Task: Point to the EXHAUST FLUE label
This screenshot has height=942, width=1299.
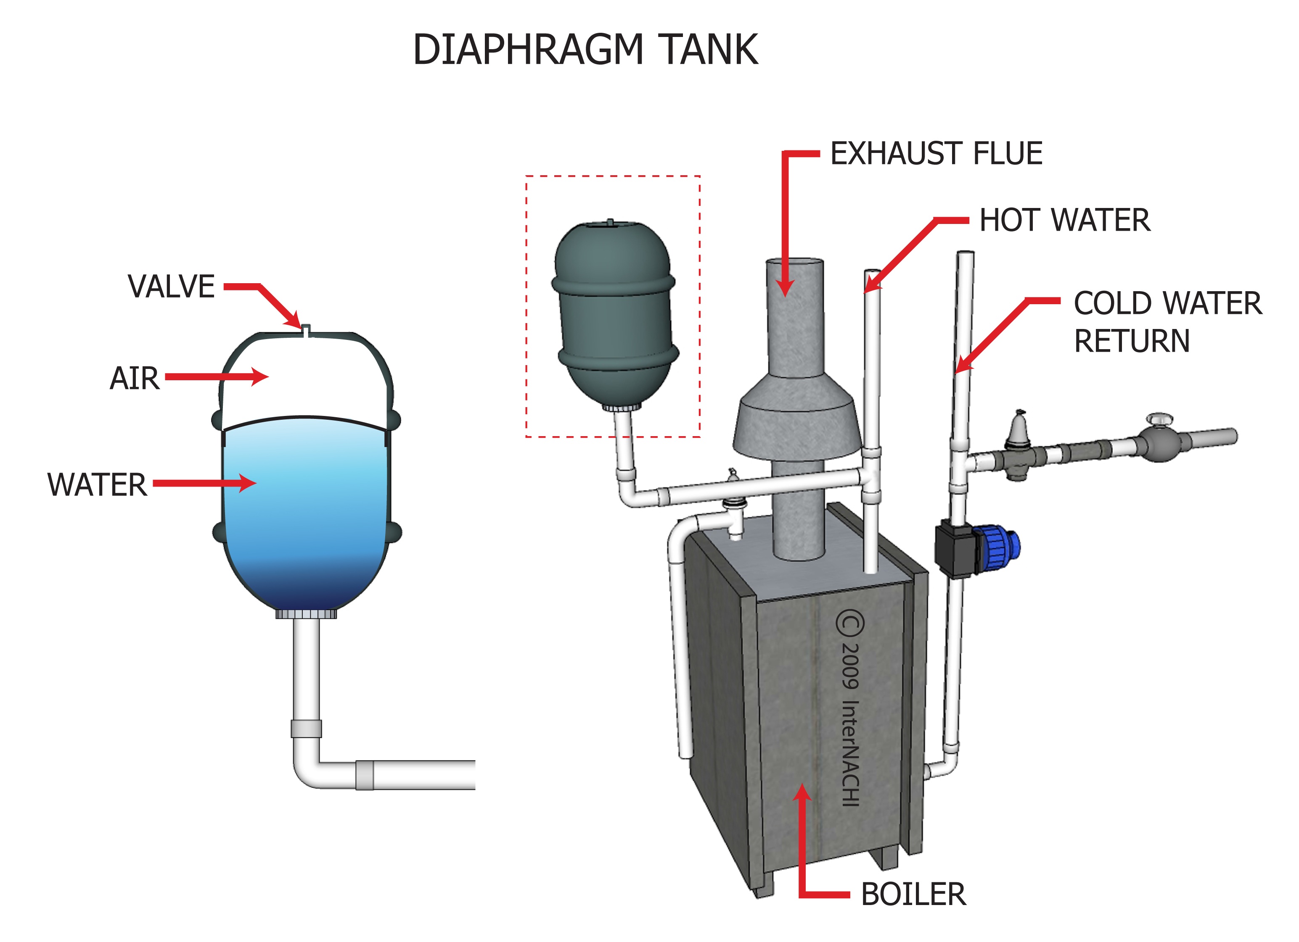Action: (x=936, y=153)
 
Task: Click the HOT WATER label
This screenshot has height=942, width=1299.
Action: (x=1064, y=220)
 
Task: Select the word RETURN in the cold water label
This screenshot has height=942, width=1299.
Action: (x=1132, y=341)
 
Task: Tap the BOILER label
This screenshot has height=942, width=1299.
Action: (x=913, y=894)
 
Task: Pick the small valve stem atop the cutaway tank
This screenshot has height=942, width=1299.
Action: (x=307, y=330)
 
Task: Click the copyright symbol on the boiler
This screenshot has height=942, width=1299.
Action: (x=850, y=624)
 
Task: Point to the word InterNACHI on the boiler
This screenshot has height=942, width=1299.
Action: (x=850, y=753)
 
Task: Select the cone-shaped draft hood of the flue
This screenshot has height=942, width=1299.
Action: (x=796, y=418)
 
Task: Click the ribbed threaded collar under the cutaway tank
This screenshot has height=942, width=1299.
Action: (x=306, y=614)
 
